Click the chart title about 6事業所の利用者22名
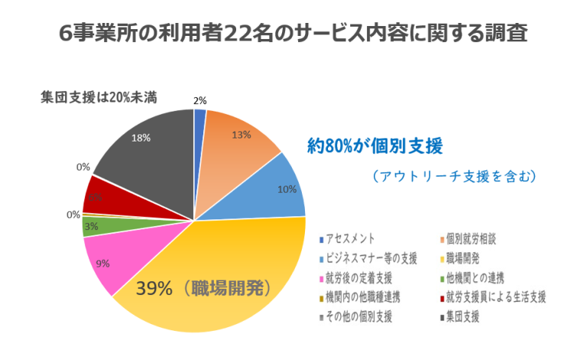click(293, 33)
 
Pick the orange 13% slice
click(237, 141)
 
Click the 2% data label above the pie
click(199, 99)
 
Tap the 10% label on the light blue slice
click(287, 190)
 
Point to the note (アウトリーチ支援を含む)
click(454, 176)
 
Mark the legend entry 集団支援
click(465, 316)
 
